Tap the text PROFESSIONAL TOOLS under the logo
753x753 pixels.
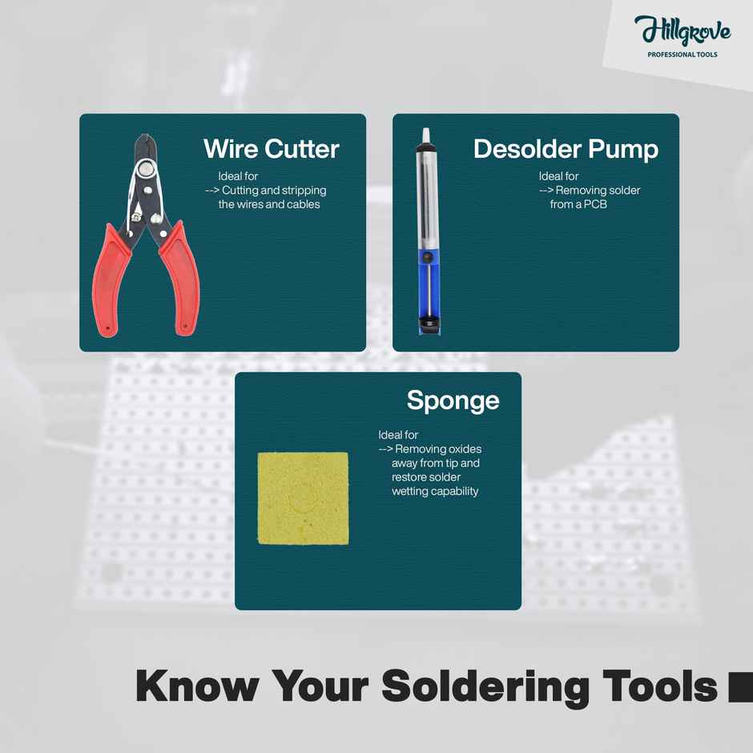(x=683, y=55)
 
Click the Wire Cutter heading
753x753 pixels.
(x=271, y=149)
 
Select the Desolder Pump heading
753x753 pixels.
(x=566, y=149)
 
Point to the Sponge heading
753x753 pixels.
(x=453, y=400)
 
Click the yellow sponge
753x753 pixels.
(x=303, y=498)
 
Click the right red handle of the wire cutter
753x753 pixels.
(x=178, y=280)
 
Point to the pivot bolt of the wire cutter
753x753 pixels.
(x=145, y=169)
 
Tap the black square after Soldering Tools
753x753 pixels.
(x=740, y=688)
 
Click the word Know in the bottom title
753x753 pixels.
(x=197, y=687)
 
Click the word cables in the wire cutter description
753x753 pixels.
(x=302, y=204)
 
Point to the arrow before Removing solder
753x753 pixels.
(x=546, y=191)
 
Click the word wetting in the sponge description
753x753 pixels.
(x=410, y=491)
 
